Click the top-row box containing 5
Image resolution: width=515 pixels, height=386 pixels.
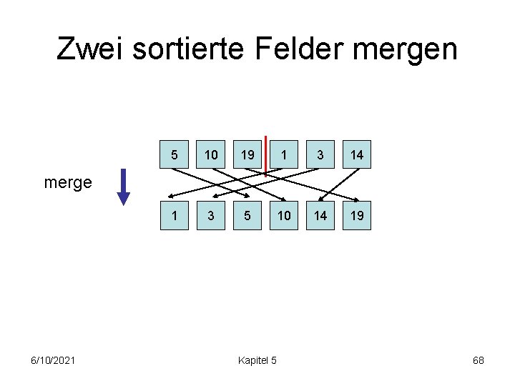pyautogui.click(x=174, y=154)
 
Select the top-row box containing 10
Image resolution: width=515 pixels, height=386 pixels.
pyautogui.click(x=211, y=154)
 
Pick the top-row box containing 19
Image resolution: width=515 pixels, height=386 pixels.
pyautogui.click(x=247, y=154)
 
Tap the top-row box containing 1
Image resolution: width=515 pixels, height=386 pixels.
pyautogui.click(x=284, y=154)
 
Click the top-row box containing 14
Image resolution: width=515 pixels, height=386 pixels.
pyautogui.click(x=357, y=154)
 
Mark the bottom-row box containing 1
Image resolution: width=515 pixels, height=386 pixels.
pyautogui.click(x=174, y=215)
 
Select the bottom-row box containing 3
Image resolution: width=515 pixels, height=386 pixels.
pyautogui.click(x=211, y=215)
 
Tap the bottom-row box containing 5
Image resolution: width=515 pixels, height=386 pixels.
pyautogui.click(x=247, y=215)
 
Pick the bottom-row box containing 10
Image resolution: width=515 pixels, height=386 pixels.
pyautogui.click(x=284, y=215)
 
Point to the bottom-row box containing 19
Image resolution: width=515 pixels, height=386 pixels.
pyautogui.click(x=357, y=215)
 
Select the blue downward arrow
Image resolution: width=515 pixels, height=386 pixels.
pyautogui.click(x=124, y=187)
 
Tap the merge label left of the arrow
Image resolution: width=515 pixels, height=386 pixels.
pyautogui.click(x=68, y=183)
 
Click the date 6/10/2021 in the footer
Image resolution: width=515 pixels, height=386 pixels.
pyautogui.click(x=53, y=360)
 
